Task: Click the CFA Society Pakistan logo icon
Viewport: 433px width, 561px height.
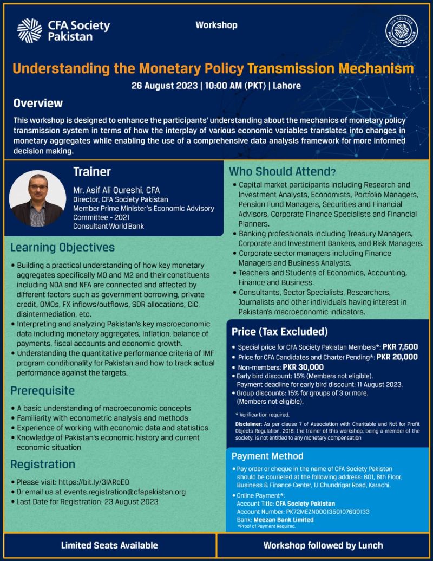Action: tap(29, 30)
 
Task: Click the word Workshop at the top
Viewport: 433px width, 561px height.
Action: tap(216, 25)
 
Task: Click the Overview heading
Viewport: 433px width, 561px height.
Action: tap(38, 104)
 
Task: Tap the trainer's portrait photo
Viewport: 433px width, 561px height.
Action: tap(38, 197)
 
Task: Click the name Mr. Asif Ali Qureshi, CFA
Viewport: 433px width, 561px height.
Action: tap(116, 190)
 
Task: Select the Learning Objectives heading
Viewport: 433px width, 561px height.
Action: tap(63, 248)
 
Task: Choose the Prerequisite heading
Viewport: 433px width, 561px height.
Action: tap(43, 391)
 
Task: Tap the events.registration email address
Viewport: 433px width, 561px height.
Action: tap(125, 492)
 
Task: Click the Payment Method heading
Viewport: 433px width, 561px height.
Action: tap(267, 456)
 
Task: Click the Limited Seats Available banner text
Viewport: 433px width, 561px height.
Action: tap(109, 545)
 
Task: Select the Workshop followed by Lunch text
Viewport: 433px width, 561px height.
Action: tap(323, 545)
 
